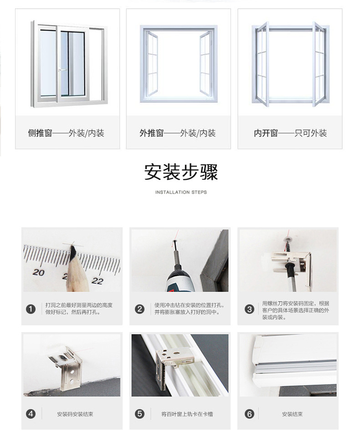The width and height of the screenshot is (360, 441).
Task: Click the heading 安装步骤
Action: point(181,172)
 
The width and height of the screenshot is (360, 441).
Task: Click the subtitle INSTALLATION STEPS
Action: point(181,192)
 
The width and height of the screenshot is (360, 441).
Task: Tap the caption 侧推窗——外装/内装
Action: point(66,133)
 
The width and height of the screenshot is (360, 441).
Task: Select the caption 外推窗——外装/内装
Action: point(177,133)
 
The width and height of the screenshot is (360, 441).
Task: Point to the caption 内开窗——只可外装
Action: point(290,133)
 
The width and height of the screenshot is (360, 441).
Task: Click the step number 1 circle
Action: point(31,309)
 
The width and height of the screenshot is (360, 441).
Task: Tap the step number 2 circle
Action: point(139,309)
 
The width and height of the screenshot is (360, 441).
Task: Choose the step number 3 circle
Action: point(249,309)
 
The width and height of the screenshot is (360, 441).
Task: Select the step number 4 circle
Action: point(31,414)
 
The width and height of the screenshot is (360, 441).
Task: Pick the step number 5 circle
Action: point(139,414)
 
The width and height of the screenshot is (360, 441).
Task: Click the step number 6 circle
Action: point(249,414)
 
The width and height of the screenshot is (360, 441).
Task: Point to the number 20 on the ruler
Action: point(39,272)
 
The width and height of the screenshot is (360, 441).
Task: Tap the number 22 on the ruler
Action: point(98,281)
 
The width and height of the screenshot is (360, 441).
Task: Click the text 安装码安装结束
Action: point(75,414)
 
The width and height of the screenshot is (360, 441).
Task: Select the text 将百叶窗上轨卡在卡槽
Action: point(187,414)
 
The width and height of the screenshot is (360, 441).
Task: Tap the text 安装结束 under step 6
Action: point(292,414)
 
